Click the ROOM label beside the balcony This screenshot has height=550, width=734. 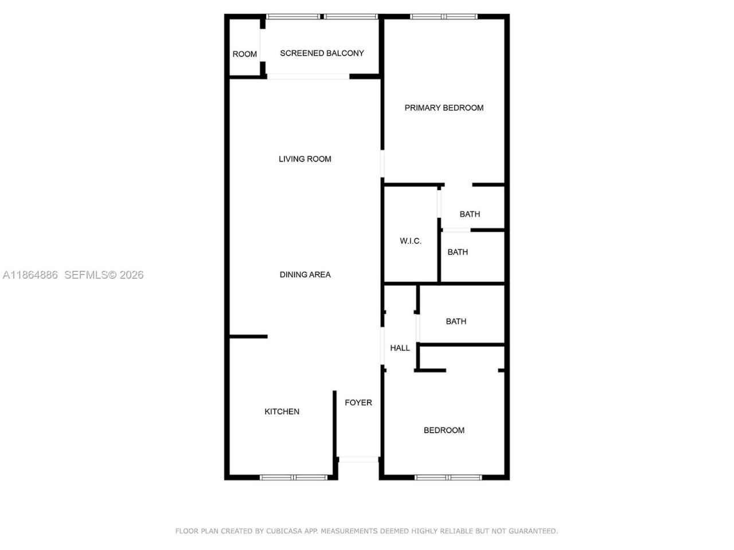244,54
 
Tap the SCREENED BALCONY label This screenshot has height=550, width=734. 322,53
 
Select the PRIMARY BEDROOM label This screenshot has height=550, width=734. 444,108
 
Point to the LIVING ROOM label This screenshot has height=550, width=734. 304,159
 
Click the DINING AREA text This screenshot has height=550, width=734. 304,275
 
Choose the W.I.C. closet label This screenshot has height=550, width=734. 410,241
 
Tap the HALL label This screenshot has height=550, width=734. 400,348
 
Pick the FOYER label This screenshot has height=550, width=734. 358,403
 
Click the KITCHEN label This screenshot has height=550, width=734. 282,412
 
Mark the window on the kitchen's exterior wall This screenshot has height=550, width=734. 294,477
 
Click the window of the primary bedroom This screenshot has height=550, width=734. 444,17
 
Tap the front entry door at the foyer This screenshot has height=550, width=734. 358,459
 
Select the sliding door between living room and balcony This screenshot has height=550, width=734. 309,76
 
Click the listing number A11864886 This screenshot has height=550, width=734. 30,275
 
